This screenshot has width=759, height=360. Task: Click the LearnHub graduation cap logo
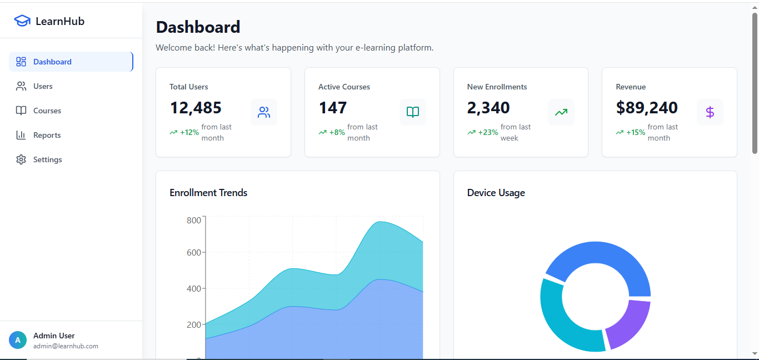point(22,21)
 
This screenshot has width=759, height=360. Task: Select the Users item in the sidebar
point(43,86)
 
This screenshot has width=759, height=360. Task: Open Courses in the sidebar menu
point(47,111)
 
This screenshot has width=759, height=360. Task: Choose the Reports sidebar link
point(47,135)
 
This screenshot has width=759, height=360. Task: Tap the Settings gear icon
point(21,159)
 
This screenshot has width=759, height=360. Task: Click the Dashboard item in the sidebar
point(52,62)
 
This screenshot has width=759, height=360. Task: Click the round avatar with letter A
point(18,340)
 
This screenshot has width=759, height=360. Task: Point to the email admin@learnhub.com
point(66,346)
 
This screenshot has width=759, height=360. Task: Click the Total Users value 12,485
point(196,108)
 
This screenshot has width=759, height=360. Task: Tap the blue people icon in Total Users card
point(264,112)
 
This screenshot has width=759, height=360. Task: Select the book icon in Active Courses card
point(413,112)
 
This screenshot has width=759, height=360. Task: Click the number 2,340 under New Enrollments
point(488,108)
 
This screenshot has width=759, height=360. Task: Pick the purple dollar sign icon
point(710,112)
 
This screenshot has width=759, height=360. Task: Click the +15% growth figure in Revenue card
point(636,132)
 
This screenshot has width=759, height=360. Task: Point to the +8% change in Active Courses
point(337,132)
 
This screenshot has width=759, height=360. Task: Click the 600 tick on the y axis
point(194,252)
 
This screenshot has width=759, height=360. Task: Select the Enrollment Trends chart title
point(208,193)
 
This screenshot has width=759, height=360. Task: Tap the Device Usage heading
point(496,193)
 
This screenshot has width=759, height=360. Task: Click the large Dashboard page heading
point(198,27)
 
